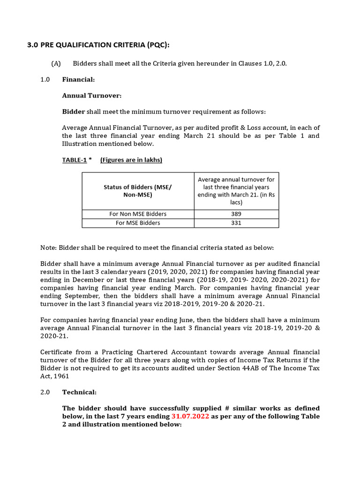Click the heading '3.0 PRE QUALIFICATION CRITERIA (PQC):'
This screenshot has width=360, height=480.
[x=97, y=45]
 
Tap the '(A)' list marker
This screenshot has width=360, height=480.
[x=56, y=63]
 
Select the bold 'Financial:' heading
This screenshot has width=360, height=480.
[x=78, y=80]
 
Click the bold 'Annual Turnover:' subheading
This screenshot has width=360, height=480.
[x=91, y=96]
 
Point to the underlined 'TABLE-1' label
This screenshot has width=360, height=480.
[x=75, y=160]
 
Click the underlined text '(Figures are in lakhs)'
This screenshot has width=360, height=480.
[x=131, y=160]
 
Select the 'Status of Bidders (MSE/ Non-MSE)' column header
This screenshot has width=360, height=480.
[x=138, y=191]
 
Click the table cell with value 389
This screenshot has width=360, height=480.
[x=236, y=214]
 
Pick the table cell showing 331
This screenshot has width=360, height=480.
[x=236, y=223]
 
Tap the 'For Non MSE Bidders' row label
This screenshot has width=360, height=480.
[x=138, y=214]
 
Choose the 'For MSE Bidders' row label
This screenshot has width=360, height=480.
[x=138, y=223]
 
